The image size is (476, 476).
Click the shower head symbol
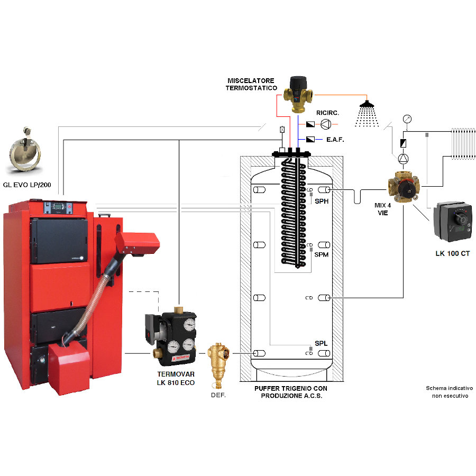366,112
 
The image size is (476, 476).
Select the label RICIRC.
327,113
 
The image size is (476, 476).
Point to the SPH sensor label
321,202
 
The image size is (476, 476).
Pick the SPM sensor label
321,255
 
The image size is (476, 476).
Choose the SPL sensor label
321,343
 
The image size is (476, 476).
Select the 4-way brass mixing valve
404,186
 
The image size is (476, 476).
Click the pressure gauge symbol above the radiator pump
407,119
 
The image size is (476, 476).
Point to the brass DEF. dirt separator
217,361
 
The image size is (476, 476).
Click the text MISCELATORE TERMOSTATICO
252,84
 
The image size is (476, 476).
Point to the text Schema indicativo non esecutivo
449,392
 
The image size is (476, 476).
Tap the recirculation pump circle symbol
327,124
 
